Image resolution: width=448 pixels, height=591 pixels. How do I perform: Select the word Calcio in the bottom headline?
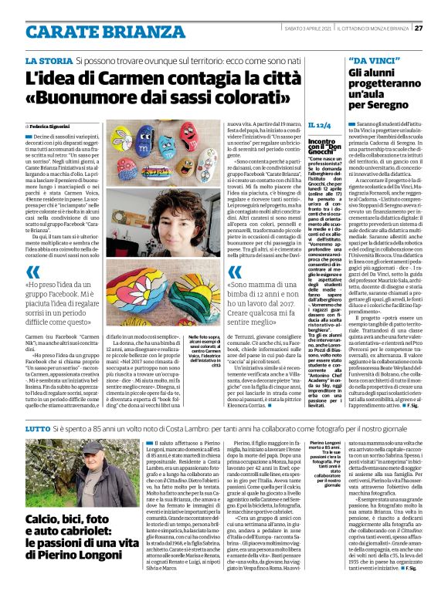[x=42, y=521]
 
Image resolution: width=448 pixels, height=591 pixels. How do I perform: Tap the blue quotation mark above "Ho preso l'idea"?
[x=32, y=250]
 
